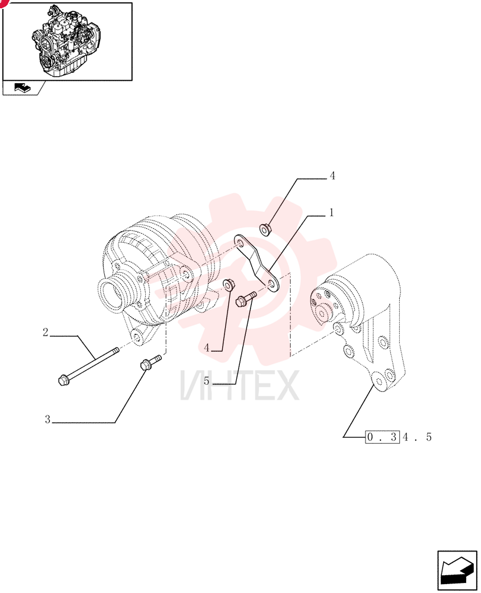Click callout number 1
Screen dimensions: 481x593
(331, 212)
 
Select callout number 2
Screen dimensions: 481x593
(46, 333)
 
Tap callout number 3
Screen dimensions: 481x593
(47, 419)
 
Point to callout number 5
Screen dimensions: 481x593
(206, 381)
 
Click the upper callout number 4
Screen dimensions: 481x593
(332, 176)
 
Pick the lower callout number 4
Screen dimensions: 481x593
(207, 347)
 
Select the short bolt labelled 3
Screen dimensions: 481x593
(150, 362)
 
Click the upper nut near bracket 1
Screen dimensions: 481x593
(265, 229)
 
